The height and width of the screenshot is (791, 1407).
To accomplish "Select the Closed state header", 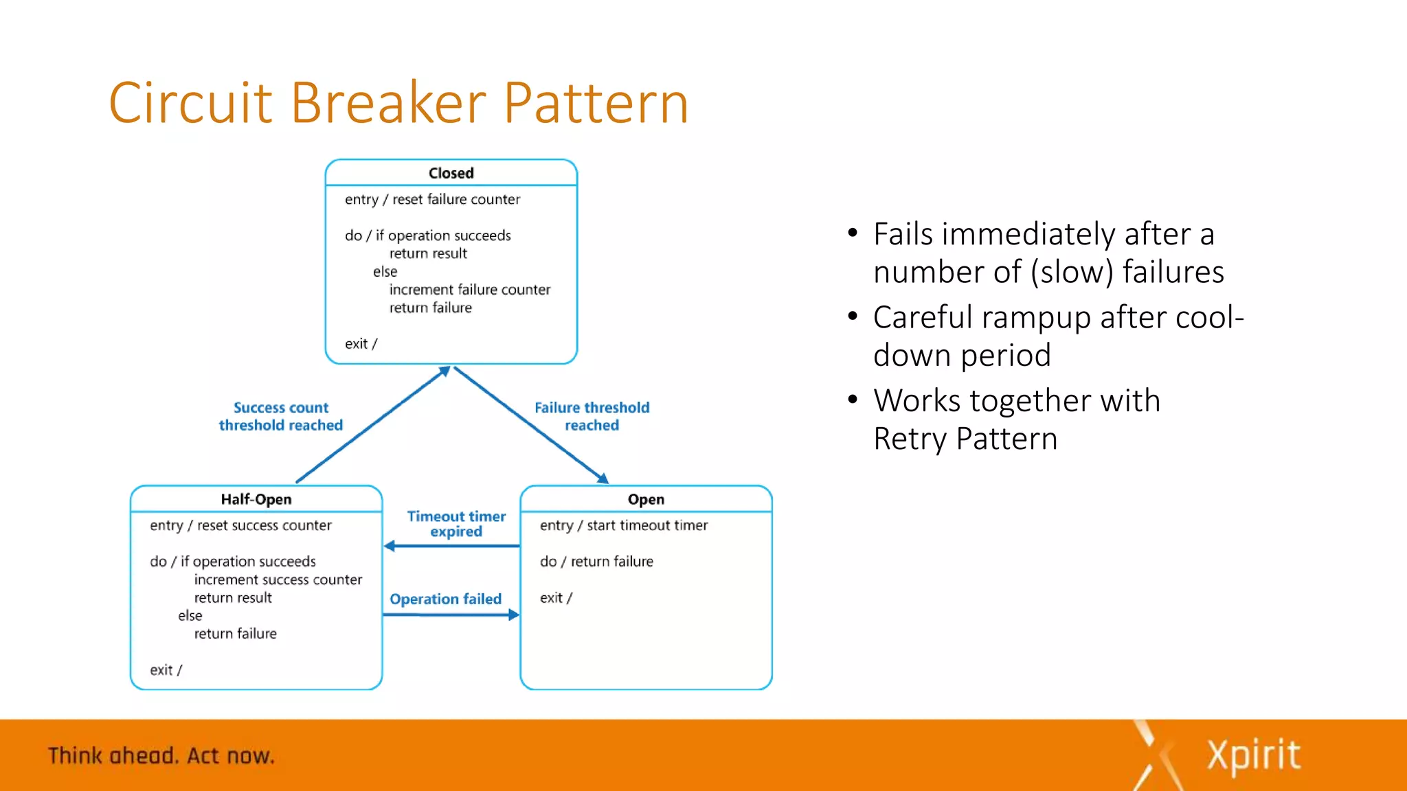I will tap(451, 173).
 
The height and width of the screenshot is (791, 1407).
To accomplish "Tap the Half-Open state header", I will tap(256, 499).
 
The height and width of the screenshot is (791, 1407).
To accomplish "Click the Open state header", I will tap(646, 499).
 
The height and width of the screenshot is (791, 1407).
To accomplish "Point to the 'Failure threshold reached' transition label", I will tap(592, 416).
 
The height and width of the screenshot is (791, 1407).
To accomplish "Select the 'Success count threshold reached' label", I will tap(280, 416).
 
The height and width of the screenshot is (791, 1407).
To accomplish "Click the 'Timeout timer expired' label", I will tap(456, 523).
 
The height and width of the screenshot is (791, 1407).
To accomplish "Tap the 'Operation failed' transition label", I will tap(445, 599).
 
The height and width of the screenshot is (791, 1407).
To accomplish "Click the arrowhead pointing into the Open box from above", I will tap(603, 479).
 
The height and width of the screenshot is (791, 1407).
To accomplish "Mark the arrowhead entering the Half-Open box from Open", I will tap(390, 546).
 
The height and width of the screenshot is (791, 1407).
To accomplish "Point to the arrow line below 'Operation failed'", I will tap(447, 615).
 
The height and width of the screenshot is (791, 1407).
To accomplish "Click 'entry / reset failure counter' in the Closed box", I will tap(432, 199).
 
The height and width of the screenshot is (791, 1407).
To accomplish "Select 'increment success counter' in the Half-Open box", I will tap(278, 580).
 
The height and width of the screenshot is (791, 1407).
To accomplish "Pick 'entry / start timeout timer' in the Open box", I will tap(623, 525).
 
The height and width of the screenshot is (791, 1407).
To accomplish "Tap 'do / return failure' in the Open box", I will tap(596, 562).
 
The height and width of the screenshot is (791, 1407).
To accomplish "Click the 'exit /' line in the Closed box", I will tap(361, 343).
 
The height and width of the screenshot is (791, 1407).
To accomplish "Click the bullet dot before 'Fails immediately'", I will tap(853, 233).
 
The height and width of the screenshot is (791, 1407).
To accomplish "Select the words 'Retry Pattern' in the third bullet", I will tap(965, 439).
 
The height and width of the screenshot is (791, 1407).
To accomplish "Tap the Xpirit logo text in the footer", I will tap(1253, 755).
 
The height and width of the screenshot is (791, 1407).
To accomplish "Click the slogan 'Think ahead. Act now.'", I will tap(161, 755).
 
